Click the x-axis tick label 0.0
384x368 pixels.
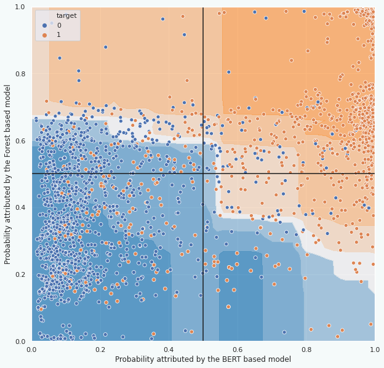(x=32, y=349)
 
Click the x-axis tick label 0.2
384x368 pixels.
(x=100, y=349)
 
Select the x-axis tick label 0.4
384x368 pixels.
(x=169, y=349)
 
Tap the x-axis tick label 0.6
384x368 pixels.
(x=238, y=349)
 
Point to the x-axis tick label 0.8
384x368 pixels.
(x=306, y=349)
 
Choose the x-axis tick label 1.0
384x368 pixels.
(x=374, y=349)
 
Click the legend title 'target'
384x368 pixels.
(x=66, y=15)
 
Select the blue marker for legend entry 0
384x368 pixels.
(x=45, y=25)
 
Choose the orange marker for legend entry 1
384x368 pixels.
(x=45, y=34)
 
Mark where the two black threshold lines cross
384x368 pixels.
(x=203, y=174)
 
